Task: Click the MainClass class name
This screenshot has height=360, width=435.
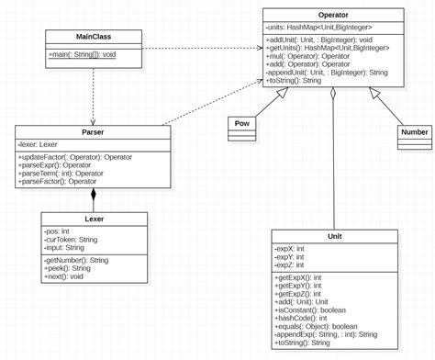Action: click(94, 37)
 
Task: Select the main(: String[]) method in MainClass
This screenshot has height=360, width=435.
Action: click(83, 54)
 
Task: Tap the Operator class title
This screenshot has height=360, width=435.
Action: click(333, 16)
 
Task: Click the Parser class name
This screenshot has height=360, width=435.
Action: click(93, 132)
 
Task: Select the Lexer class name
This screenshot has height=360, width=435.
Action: click(93, 219)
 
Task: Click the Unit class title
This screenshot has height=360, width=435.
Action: click(334, 236)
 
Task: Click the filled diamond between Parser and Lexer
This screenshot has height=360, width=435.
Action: click(93, 196)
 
